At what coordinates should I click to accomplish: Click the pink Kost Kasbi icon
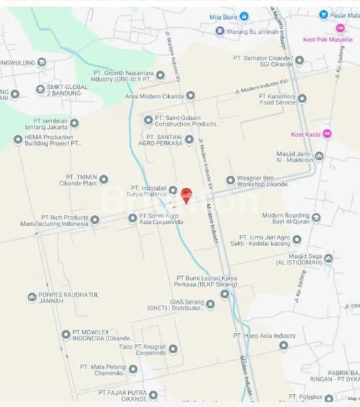click(x=327, y=133)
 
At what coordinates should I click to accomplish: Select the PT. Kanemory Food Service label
click(x=277, y=100)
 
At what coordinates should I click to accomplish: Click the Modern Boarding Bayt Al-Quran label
click(x=290, y=218)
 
